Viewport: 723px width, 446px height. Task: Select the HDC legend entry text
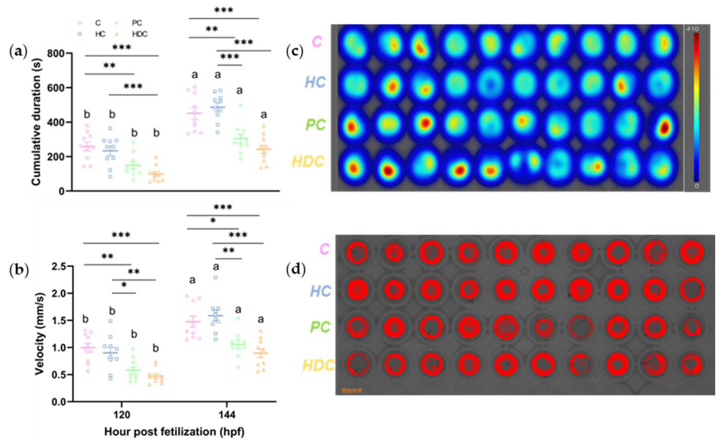pyautogui.click(x=140, y=34)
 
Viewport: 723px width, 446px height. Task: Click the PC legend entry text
pyautogui.click(x=137, y=23)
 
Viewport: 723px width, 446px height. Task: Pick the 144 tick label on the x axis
pyautogui.click(x=227, y=415)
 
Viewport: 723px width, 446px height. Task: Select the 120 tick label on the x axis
pyautogui.click(x=122, y=415)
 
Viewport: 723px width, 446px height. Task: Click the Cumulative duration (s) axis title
pyautogui.click(x=37, y=122)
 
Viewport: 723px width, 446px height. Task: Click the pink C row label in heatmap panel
pyautogui.click(x=317, y=42)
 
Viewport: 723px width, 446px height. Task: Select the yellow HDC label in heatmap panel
pyautogui.click(x=308, y=161)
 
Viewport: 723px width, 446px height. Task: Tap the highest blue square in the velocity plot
pyautogui.click(x=216, y=277)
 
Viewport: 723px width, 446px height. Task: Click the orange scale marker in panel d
pyautogui.click(x=352, y=391)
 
